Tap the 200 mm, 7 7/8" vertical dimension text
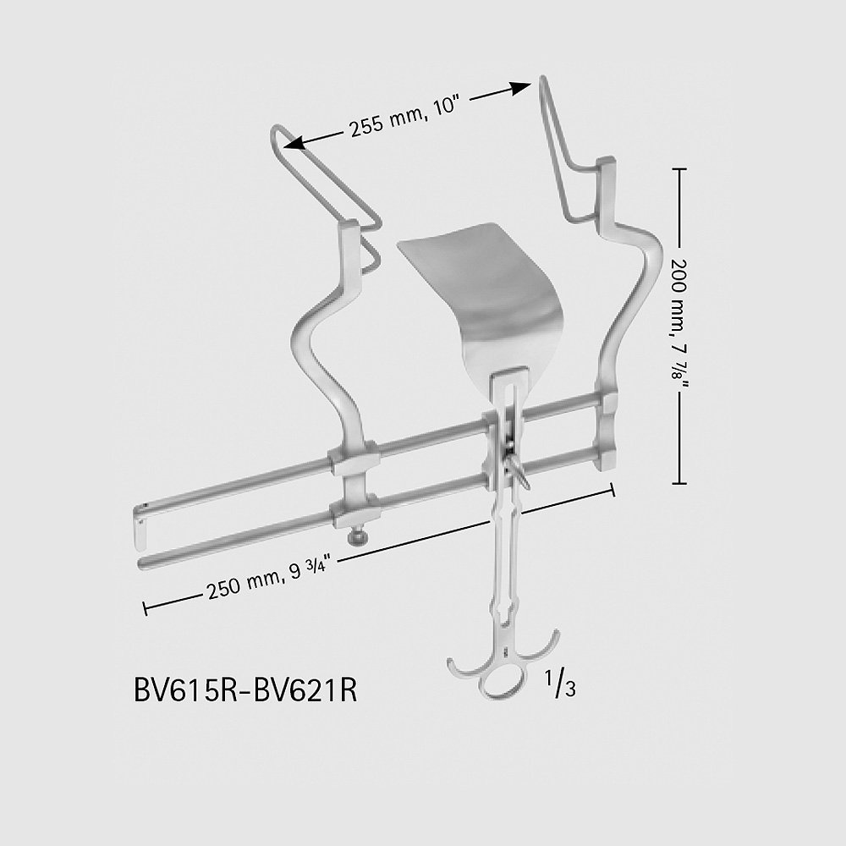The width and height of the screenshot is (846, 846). pyautogui.click(x=680, y=327)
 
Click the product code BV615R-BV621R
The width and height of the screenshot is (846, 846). pyautogui.click(x=245, y=689)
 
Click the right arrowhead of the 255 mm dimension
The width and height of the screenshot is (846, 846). pyautogui.click(x=520, y=89)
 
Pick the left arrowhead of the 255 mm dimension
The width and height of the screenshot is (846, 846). pyautogui.click(x=294, y=142)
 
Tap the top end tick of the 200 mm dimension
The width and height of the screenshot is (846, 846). pyautogui.click(x=679, y=169)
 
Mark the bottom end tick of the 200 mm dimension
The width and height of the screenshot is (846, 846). pyautogui.click(x=679, y=483)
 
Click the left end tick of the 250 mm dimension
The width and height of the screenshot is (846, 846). pyautogui.click(x=146, y=608)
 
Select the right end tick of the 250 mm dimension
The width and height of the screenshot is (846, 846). pyautogui.click(x=613, y=489)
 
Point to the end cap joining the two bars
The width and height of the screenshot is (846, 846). pyautogui.click(x=140, y=525)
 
